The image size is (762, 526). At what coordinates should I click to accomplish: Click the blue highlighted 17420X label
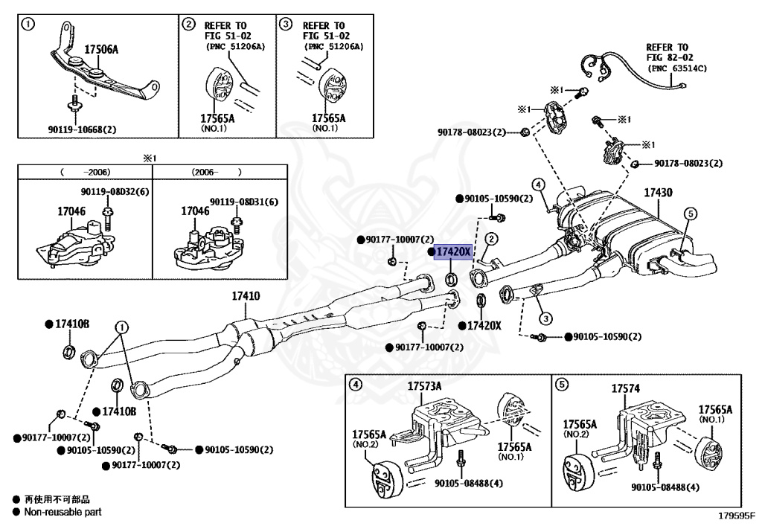pos(453,252)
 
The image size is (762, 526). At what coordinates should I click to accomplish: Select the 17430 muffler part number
pos(658,193)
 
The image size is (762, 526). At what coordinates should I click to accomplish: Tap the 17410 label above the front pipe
pos(246,296)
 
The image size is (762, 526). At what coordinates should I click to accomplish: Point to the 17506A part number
pos(101,50)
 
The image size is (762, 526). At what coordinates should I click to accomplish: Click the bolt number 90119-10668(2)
pos(77,129)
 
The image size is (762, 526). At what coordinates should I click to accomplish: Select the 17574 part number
pos(625,388)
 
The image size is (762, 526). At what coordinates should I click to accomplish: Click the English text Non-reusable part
pos(63,512)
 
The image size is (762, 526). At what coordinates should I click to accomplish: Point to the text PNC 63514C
pos(677,68)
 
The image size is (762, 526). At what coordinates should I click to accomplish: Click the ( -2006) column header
pos(84,171)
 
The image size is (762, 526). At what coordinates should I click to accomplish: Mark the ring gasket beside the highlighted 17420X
pos(451,280)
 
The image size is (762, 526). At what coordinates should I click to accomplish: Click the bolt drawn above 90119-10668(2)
pos(74,103)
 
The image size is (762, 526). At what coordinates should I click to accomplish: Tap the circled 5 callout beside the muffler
pos(690,214)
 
